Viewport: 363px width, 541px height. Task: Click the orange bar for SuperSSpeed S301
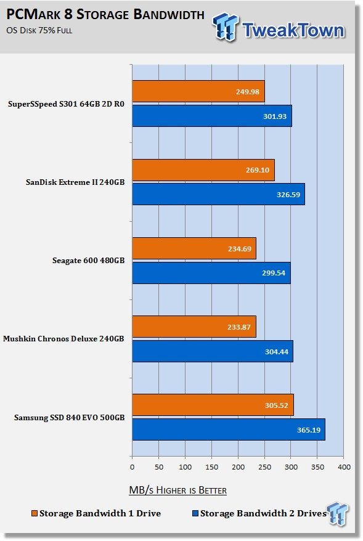click(198, 91)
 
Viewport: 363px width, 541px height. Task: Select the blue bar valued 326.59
click(218, 194)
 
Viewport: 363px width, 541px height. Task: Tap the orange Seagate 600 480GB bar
click(194, 248)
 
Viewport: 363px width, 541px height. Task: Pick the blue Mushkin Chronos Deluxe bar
click(213, 351)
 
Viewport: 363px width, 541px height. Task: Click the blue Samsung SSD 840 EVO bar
click(229, 429)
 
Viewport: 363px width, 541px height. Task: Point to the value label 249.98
click(247, 92)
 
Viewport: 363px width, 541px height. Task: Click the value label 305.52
click(276, 405)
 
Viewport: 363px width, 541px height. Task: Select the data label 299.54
click(274, 273)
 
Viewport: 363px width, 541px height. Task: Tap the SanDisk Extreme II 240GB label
click(75, 182)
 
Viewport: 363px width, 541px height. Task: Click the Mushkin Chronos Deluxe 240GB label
click(63, 339)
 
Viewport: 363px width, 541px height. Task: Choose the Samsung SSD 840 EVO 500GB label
click(70, 418)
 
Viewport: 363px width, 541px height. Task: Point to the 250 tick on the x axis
click(264, 467)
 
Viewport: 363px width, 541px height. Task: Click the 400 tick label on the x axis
click(344, 467)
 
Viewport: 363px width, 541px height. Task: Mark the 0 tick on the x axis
click(132, 467)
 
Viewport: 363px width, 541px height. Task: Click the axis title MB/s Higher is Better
click(177, 490)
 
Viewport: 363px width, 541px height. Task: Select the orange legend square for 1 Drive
click(34, 513)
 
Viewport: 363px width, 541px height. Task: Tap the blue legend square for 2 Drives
click(195, 513)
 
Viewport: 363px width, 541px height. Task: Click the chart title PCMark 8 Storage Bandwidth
click(105, 15)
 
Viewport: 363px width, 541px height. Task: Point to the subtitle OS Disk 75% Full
click(39, 30)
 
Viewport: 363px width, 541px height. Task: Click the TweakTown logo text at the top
click(293, 30)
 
